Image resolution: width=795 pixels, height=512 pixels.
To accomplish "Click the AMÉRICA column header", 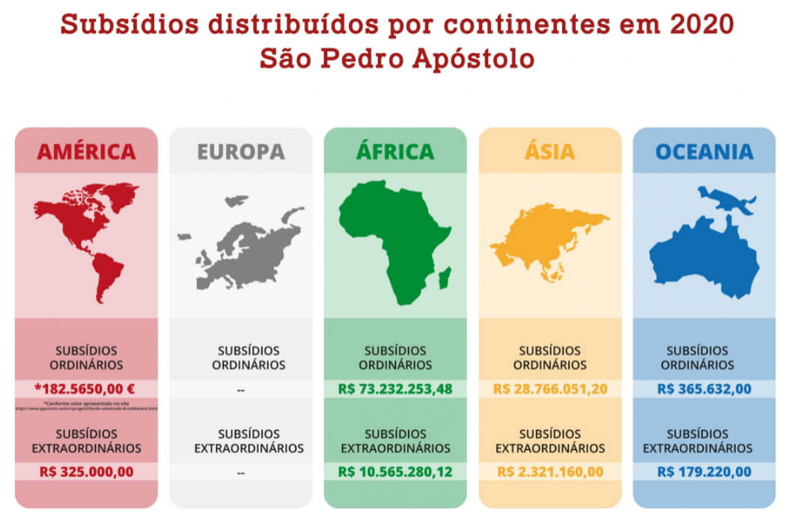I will point(86,152).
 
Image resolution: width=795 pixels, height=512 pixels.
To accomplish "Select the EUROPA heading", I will point(241,152).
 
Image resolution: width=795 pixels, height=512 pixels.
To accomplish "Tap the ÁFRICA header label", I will point(395,152).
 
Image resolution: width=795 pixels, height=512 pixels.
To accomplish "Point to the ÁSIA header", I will point(549,152).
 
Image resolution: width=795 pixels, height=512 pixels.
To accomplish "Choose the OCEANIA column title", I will point(704,152).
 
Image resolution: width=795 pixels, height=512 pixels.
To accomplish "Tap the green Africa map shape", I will point(393,240).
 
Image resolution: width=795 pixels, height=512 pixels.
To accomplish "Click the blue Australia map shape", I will point(704,255).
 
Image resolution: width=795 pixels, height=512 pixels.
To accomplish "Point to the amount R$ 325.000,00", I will point(86,472).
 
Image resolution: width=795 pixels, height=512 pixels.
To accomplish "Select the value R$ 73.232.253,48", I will point(395,389).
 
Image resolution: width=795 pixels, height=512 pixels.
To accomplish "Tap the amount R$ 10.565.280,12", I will point(395,472).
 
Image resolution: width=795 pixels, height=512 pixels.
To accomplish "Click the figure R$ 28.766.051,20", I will point(549,389).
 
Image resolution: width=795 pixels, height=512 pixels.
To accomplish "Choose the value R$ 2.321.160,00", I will point(549,472).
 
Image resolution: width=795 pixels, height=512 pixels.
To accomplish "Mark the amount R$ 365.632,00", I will point(704,389).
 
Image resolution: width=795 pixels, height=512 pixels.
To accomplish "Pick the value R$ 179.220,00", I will point(704,472).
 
